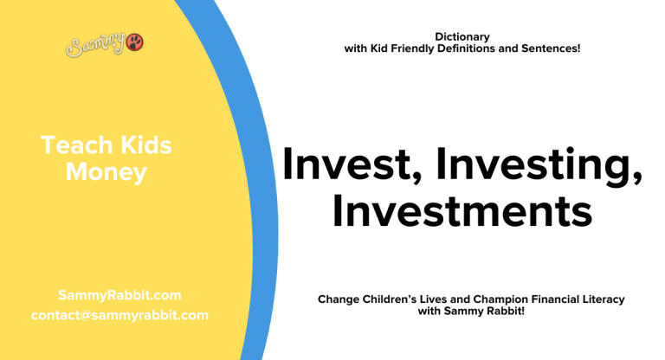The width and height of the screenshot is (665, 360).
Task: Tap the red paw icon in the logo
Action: click(134, 42)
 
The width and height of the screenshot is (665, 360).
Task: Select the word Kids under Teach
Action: click(141, 146)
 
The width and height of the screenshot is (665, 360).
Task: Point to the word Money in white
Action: click(106, 172)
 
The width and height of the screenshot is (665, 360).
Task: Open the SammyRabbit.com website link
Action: click(119, 295)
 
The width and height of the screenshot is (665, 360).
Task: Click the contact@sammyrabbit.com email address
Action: click(119, 315)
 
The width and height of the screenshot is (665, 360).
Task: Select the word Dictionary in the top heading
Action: click(462, 36)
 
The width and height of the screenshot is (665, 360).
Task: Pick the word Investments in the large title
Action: click(462, 212)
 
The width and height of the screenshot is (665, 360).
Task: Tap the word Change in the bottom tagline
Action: click(339, 299)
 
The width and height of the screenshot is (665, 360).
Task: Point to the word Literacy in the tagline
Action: click(605, 299)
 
